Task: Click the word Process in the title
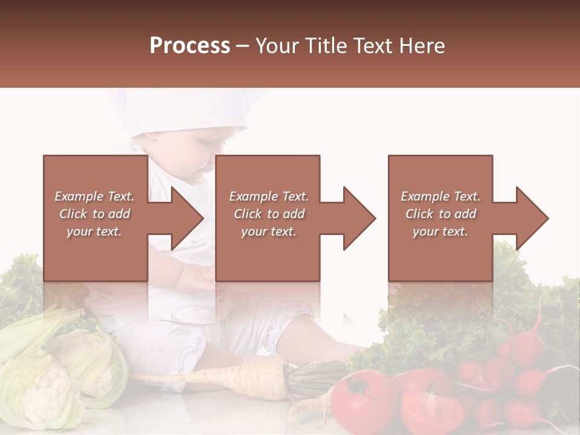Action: point(190,46)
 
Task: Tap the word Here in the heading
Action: point(424,46)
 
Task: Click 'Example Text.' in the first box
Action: point(94,196)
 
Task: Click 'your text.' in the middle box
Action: point(268,231)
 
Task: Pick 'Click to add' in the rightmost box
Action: point(441,214)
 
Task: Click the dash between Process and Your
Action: point(242,46)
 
